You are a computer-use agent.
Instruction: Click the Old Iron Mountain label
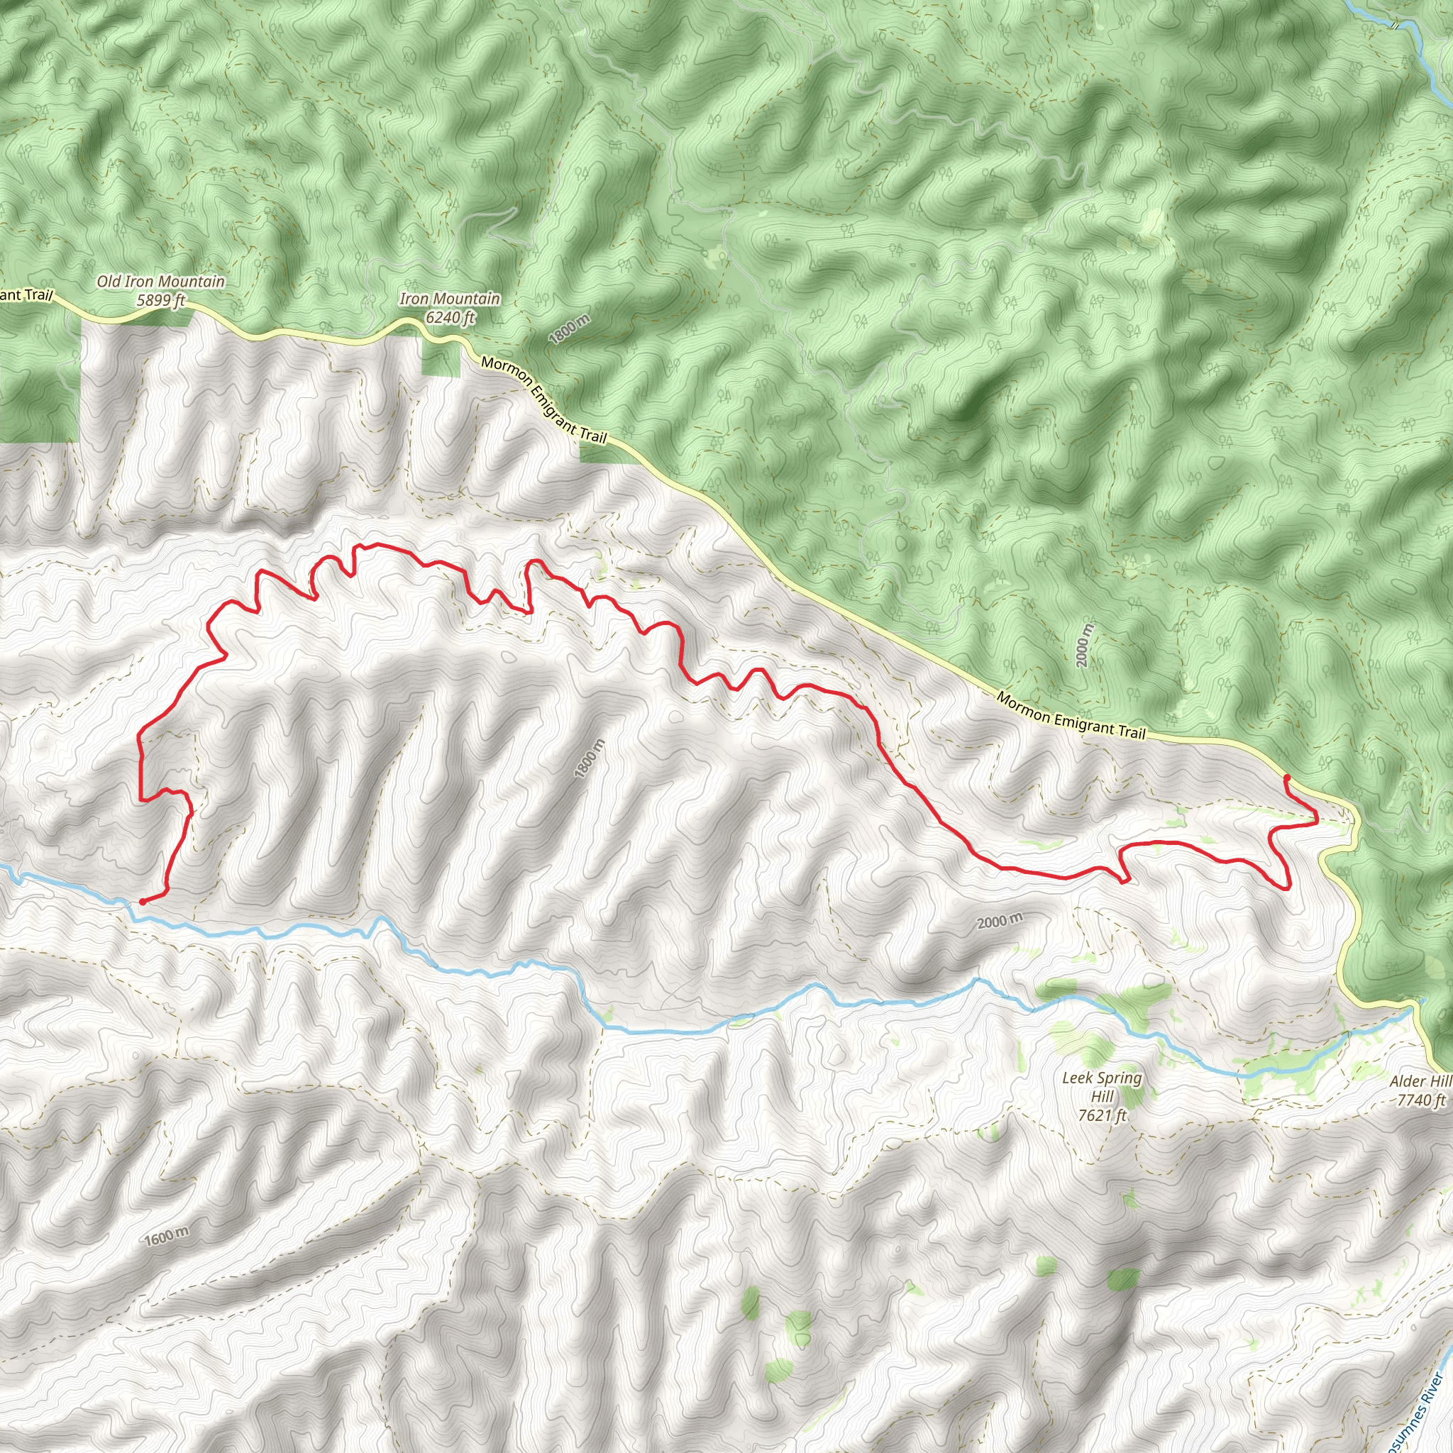tap(160, 282)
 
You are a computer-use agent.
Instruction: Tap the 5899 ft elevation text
tap(160, 301)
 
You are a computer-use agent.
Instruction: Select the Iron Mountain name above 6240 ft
tap(450, 299)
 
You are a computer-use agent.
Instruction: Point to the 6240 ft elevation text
tap(450, 317)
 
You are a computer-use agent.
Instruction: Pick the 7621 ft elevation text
tap(1101, 1115)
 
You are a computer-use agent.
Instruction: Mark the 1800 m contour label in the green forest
tap(569, 329)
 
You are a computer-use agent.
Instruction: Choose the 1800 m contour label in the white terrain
tap(589, 758)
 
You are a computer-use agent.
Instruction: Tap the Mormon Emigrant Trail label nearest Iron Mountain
tap(543, 399)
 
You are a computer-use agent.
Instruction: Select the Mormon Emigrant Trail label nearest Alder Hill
tap(1071, 714)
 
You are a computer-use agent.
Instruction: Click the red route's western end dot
tap(142, 901)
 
